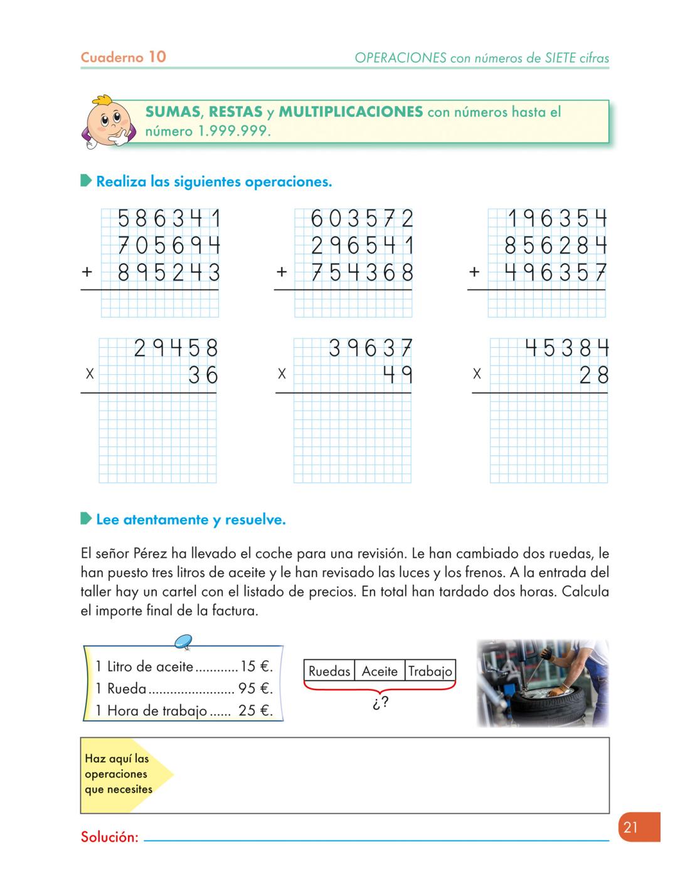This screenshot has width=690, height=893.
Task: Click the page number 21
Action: (630, 827)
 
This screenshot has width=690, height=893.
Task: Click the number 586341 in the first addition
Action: (169, 219)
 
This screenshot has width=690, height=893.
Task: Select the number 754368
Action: (363, 273)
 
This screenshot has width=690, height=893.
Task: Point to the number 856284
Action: (556, 245)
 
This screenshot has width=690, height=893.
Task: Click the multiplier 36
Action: (203, 375)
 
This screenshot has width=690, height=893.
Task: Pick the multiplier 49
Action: (398, 375)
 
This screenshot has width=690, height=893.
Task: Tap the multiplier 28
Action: (593, 375)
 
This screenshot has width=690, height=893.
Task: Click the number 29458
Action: (176, 348)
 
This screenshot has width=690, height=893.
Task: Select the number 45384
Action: (566, 348)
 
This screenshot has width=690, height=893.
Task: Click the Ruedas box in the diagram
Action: (329, 671)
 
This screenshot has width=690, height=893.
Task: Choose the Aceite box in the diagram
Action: (379, 671)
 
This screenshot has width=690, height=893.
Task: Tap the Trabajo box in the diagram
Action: (430, 671)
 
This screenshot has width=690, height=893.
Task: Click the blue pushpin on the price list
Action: (183, 641)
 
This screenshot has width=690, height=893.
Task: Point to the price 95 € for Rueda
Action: (254, 689)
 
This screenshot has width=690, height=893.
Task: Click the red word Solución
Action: (109, 837)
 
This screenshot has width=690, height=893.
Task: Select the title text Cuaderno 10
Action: (124, 57)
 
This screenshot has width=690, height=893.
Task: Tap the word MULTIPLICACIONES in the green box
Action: (351, 112)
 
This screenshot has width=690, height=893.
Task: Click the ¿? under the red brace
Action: (379, 703)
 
